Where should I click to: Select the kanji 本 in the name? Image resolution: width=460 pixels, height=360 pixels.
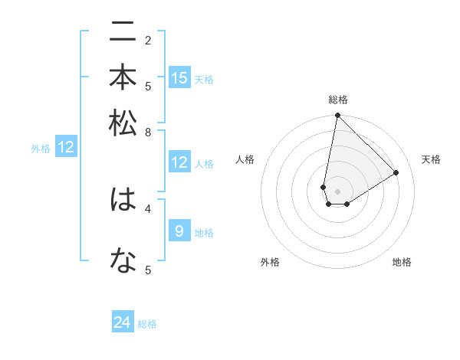(123, 78)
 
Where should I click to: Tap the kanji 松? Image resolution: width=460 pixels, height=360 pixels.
(123, 123)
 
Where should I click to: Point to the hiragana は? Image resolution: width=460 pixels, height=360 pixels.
(123, 200)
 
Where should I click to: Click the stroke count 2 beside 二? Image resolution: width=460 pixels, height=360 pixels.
(148, 41)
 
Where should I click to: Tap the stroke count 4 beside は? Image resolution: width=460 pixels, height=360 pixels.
(148, 208)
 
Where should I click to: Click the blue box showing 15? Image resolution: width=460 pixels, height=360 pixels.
(179, 78)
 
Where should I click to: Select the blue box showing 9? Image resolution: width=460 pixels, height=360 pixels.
(179, 231)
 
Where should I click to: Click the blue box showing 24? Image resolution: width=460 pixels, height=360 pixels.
(123, 322)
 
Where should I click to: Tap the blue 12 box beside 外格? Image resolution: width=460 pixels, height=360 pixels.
(66, 147)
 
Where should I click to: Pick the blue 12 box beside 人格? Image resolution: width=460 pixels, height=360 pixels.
(179, 162)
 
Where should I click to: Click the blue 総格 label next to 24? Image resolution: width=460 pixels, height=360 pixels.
(148, 324)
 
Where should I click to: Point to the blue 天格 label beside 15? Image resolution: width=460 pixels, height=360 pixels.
(204, 80)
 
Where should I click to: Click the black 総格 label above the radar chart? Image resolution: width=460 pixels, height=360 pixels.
(338, 100)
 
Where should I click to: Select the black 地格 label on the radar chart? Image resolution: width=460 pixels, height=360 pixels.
(402, 262)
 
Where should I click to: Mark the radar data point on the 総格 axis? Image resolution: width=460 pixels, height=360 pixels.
(337, 116)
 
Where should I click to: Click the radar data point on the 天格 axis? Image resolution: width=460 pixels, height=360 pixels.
(396, 172)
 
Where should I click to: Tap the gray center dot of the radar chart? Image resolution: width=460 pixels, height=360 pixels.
(337, 191)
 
